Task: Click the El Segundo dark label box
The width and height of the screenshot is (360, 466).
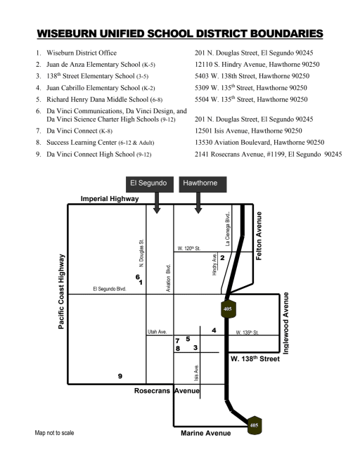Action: click(150, 184)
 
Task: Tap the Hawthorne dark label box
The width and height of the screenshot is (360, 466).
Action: click(202, 184)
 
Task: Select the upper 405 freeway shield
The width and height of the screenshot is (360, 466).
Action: click(228, 309)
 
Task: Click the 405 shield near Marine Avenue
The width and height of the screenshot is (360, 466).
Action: click(254, 425)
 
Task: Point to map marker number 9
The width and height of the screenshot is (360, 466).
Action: click(120, 376)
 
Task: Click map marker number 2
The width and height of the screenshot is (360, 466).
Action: click(222, 258)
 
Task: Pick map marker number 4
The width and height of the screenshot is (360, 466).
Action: click(214, 330)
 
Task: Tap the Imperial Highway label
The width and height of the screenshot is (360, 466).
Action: click(110, 199)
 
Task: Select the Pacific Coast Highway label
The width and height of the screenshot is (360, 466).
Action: click(61, 292)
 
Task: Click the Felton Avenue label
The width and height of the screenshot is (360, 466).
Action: click(259, 236)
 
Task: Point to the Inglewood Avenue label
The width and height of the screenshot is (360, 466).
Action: click(285, 323)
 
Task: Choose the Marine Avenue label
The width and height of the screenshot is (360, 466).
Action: click(206, 433)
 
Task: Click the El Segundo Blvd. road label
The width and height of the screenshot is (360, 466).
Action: click(110, 289)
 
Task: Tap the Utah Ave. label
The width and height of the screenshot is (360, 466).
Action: click(157, 332)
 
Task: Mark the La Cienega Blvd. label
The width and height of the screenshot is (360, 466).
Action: click(228, 229)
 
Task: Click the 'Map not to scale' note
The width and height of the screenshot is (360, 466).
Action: click(54, 433)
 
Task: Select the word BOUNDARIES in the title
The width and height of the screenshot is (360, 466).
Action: click(287, 34)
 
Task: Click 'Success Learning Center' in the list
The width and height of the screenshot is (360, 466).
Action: click(82, 143)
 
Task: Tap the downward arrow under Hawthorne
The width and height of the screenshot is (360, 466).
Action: click(198, 202)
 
